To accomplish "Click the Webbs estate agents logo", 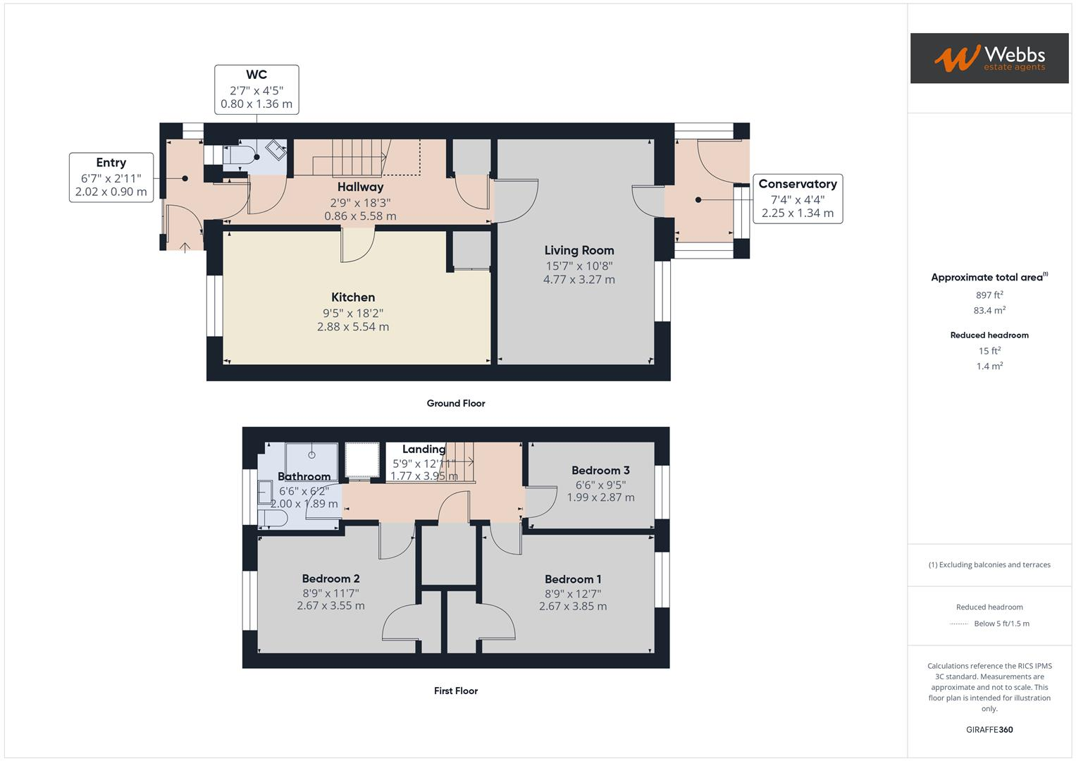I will tap(989, 58).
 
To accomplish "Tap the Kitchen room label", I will tap(353, 297).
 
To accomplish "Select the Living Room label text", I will tap(579, 250).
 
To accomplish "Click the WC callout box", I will tap(256, 89).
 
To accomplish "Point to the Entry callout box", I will tap(111, 178).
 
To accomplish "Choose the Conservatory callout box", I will tap(798, 199).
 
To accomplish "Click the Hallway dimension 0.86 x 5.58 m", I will tap(360, 216).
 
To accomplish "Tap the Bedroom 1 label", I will tap(573, 579).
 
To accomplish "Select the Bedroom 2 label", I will tap(330, 579).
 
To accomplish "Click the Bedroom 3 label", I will tap(600, 470).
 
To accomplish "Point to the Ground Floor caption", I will tap(456, 403).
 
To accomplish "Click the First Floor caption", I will tap(456, 691).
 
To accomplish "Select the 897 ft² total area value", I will tap(989, 295).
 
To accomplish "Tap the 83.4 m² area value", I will tap(989, 310).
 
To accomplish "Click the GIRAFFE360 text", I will tap(989, 729).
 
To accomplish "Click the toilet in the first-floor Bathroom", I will tap(272, 519).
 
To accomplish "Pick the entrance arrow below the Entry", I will tap(185, 247).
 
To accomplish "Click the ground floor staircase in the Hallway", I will tap(359, 156).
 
